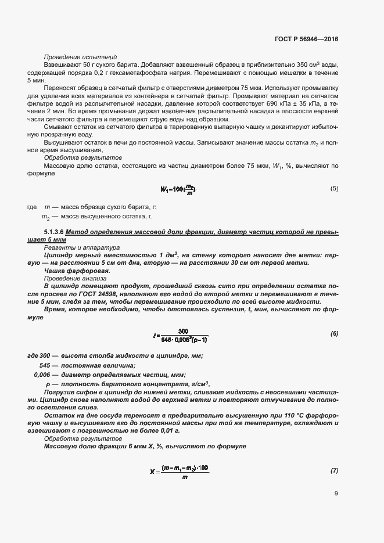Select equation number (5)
(334, 189)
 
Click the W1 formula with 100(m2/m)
(178, 189)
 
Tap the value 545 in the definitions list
(44, 365)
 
